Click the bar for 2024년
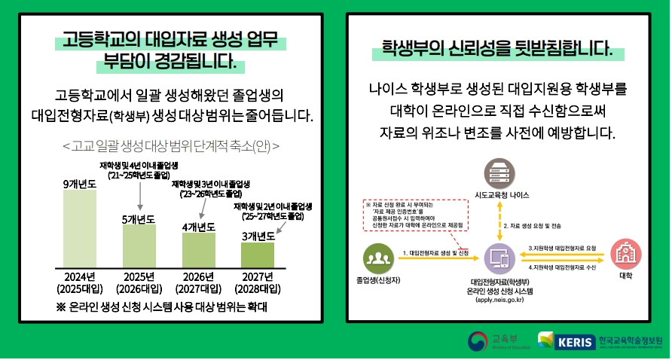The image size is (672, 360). click(79, 228)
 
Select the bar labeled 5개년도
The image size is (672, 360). click(139, 246)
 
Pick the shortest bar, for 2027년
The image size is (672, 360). click(258, 255)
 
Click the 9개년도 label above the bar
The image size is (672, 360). click(79, 183)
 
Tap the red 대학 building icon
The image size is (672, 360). click(625, 254)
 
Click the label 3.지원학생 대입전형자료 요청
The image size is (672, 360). click(562, 248)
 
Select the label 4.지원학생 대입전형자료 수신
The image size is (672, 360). click(562, 267)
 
